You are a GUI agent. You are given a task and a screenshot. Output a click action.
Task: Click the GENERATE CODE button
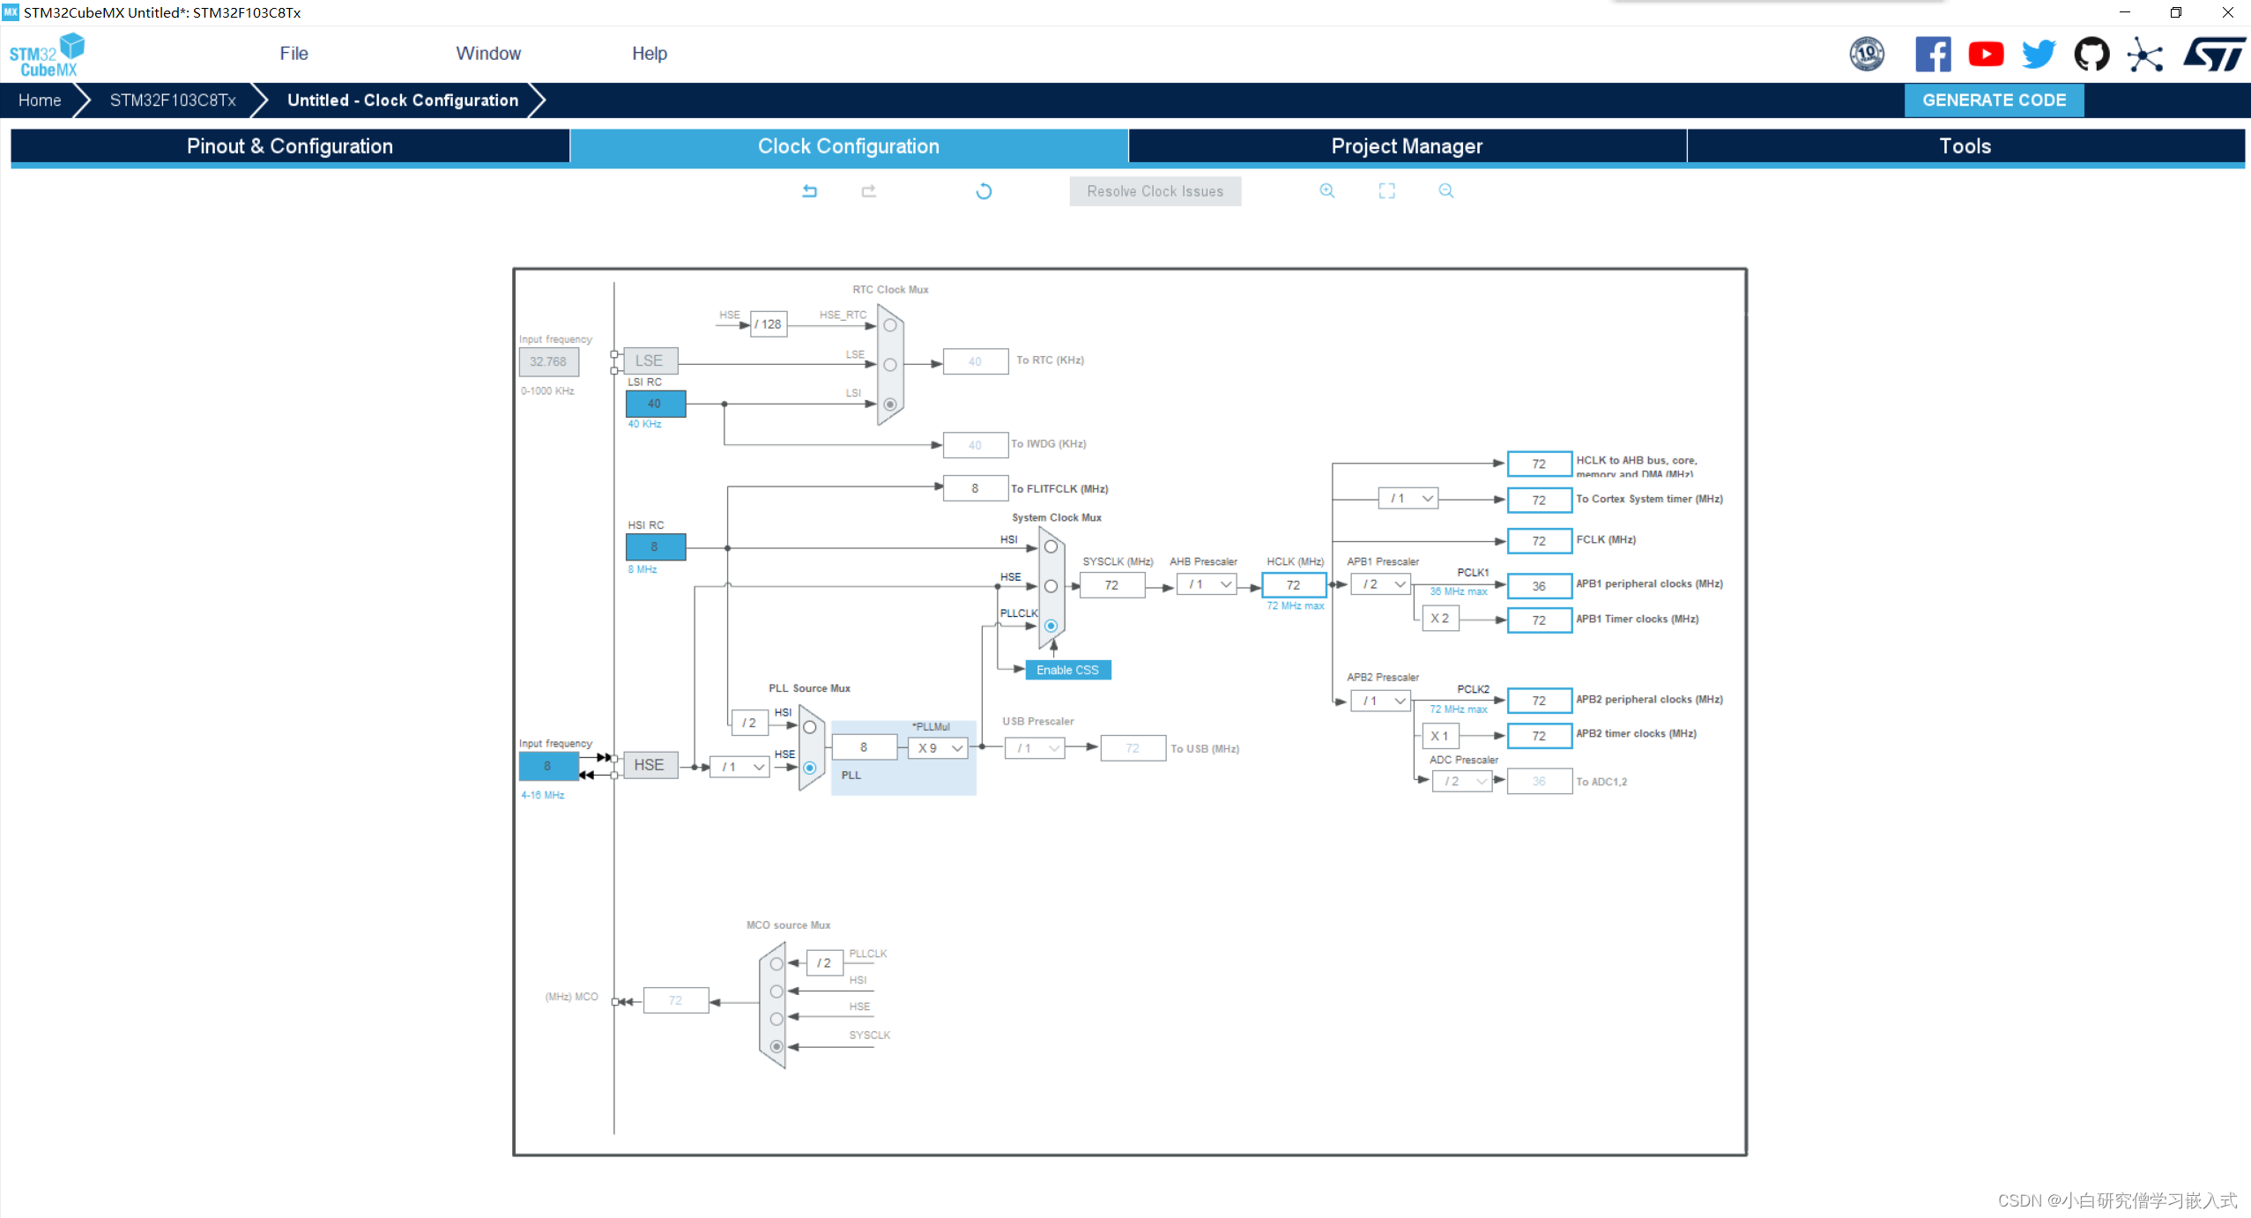click(x=1993, y=100)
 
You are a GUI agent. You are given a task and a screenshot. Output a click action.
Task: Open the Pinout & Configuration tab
click(x=290, y=146)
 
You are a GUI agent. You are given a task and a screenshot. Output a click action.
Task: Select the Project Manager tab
click(x=1407, y=146)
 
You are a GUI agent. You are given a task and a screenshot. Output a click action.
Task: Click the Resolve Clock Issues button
click(x=1155, y=191)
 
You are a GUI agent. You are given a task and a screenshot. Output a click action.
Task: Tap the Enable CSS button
click(x=1067, y=670)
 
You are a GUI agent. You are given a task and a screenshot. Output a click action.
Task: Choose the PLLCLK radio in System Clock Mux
click(x=1051, y=626)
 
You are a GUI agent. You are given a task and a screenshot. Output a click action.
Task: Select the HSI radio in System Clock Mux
click(x=1051, y=547)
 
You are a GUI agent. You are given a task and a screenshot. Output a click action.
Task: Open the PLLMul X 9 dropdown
click(x=940, y=748)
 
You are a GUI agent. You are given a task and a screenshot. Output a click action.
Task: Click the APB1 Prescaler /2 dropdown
click(x=1382, y=584)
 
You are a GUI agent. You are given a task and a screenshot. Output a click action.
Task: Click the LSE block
click(x=650, y=360)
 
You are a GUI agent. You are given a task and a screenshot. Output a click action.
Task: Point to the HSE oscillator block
click(x=650, y=765)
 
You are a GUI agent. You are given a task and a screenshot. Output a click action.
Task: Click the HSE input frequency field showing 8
click(x=548, y=766)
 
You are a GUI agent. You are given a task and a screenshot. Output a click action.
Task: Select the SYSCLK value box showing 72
click(x=1111, y=585)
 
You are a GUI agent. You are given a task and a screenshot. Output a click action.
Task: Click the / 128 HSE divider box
click(x=769, y=324)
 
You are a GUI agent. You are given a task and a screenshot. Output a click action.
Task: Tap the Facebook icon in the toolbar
click(x=1933, y=55)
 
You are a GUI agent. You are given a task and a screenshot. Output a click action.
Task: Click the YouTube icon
click(x=1986, y=55)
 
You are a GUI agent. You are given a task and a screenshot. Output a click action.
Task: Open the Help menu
click(x=650, y=54)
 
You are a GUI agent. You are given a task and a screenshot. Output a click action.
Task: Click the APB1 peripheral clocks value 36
click(x=1539, y=586)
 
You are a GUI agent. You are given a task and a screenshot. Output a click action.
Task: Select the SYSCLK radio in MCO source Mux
click(x=776, y=1047)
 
